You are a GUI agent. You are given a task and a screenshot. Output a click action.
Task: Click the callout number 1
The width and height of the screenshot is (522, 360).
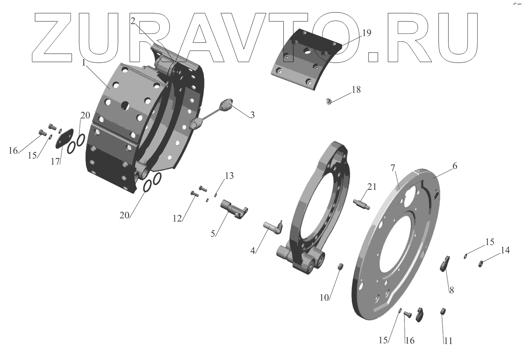84,63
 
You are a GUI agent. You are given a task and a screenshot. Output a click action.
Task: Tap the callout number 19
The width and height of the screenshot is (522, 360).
367,33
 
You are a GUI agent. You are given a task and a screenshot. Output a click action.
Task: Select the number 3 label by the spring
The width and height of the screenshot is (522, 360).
252,115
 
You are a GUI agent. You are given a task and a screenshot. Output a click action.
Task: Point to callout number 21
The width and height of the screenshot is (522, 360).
372,187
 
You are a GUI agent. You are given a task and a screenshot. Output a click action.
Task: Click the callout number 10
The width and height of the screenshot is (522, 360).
324,298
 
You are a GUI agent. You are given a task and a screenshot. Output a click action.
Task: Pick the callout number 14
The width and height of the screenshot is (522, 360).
505,250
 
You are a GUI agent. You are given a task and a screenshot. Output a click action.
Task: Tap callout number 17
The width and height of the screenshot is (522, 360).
55,161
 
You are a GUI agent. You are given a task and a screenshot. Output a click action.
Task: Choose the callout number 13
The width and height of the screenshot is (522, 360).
229,176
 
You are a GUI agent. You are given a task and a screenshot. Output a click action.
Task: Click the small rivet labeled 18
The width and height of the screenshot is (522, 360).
328,101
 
